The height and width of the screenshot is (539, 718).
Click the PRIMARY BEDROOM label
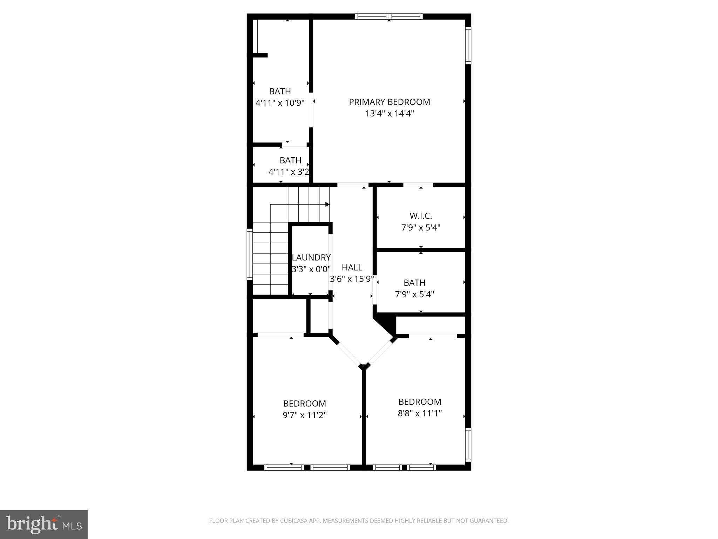pos(389,102)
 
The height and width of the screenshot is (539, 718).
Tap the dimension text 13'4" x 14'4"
pos(389,113)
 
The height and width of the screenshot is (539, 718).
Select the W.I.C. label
pos(421,216)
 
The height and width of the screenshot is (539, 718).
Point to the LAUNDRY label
pos(311,258)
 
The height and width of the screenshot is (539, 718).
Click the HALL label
pos(352,267)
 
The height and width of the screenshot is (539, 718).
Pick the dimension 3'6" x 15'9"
pos(352,279)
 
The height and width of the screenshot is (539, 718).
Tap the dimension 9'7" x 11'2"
pos(305,415)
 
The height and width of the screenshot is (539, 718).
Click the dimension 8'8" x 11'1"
pos(420,413)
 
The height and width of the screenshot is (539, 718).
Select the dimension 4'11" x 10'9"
pos(280,103)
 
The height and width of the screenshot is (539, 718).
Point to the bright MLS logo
pos(44,525)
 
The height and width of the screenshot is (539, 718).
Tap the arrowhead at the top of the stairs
pos(327,204)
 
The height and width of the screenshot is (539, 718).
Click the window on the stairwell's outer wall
pos(250,254)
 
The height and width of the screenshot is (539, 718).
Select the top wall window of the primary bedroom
pos(389,16)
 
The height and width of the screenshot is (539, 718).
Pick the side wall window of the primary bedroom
pos(468,46)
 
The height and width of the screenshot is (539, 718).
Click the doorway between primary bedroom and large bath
pos(311,109)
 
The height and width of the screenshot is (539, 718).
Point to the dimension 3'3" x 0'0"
pos(311,269)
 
